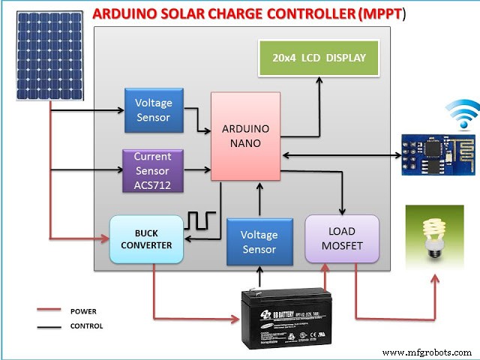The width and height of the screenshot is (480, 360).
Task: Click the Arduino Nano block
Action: point(245,136)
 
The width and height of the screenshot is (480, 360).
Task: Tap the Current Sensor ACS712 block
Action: point(153,170)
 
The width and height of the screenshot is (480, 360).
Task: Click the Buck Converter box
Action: point(146,239)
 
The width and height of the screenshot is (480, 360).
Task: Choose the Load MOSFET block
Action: point(342,239)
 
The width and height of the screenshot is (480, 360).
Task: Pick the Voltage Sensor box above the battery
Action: point(258,241)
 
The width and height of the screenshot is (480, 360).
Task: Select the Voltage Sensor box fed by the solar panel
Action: point(153,109)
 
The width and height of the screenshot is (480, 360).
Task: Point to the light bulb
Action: point(433,235)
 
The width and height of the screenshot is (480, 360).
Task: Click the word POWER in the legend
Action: point(83,310)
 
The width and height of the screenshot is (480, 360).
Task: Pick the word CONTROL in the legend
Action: point(86,326)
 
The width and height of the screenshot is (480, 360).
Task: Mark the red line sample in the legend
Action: point(49,310)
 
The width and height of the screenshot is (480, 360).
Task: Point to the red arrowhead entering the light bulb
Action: point(433,279)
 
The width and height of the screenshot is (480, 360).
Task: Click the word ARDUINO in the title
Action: point(130,13)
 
